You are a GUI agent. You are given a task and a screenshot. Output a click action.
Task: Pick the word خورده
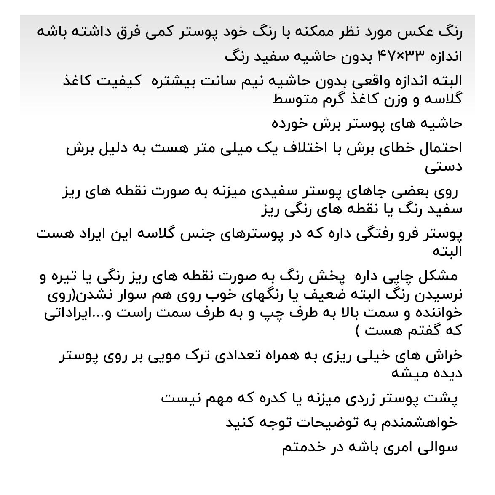(x=291, y=124)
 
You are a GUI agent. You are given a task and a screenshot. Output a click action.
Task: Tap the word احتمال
(x=441, y=148)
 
